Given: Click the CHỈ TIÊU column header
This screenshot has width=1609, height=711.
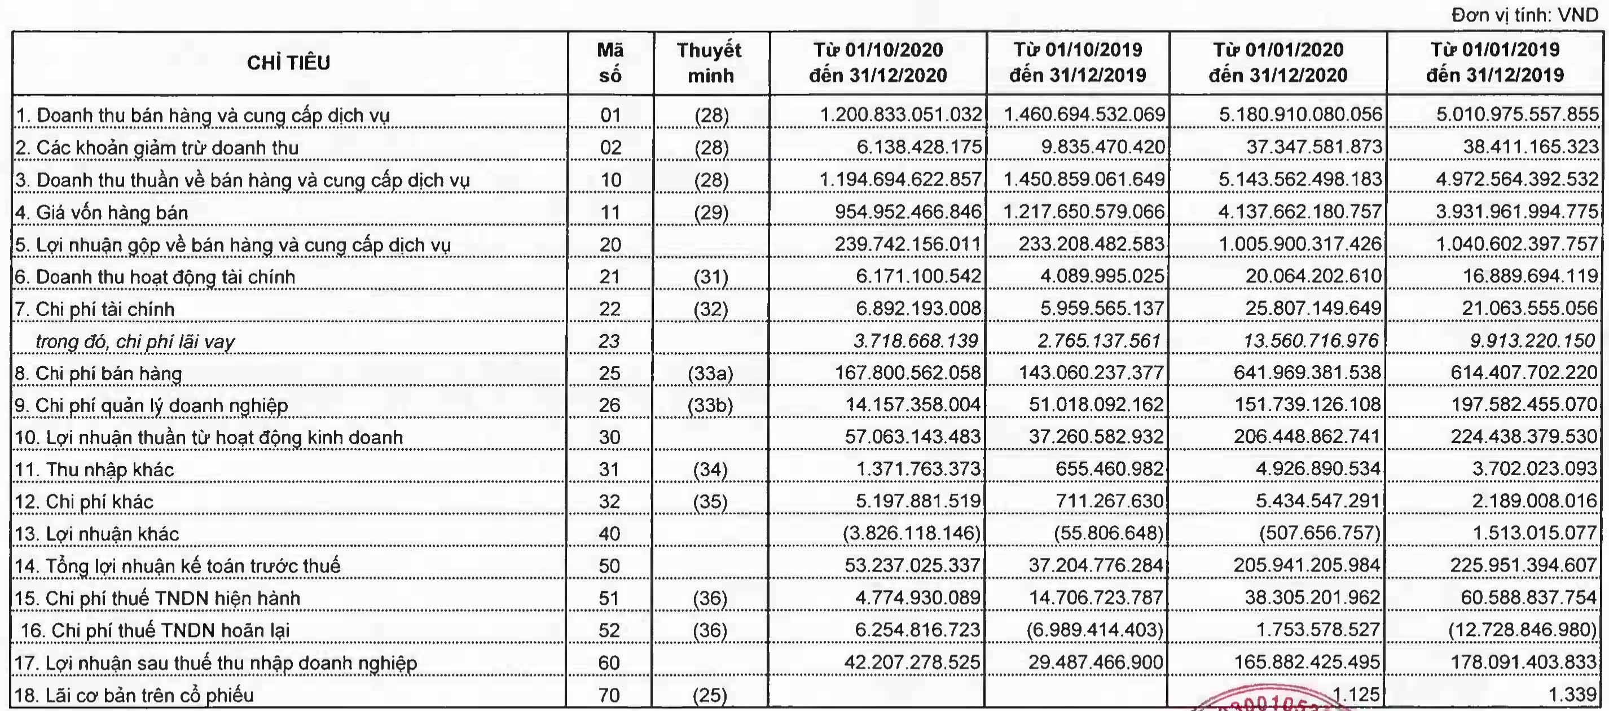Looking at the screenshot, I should (x=289, y=63).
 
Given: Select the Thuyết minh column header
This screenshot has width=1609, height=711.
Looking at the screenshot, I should (x=710, y=63).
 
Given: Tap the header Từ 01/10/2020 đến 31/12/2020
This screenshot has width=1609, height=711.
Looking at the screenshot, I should (x=878, y=63).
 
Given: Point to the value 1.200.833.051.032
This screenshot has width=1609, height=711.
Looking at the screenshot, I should (x=900, y=115).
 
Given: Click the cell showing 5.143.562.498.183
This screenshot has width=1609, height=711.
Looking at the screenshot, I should (x=1300, y=180).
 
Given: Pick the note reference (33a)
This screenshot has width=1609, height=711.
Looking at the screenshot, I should (x=710, y=374).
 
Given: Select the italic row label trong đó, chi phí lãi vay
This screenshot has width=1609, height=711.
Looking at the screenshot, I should (x=135, y=341).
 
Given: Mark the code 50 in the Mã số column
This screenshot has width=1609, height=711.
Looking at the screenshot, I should (x=609, y=566).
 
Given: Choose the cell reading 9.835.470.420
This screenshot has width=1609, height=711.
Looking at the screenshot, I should (x=1102, y=147).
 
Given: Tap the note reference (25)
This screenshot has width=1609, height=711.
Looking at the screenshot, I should (x=710, y=695).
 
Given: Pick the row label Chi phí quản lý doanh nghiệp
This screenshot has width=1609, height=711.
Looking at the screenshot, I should (x=151, y=406).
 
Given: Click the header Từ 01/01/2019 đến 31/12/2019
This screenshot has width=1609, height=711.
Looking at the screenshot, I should (x=1494, y=63).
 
